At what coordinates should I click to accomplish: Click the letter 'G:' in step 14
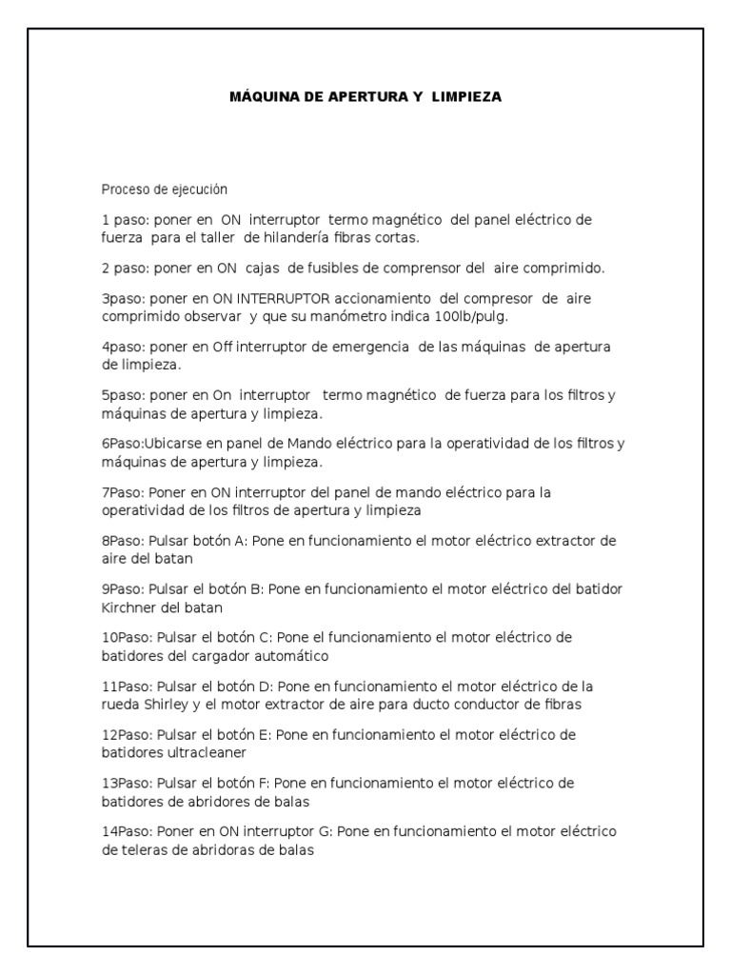[325, 832]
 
